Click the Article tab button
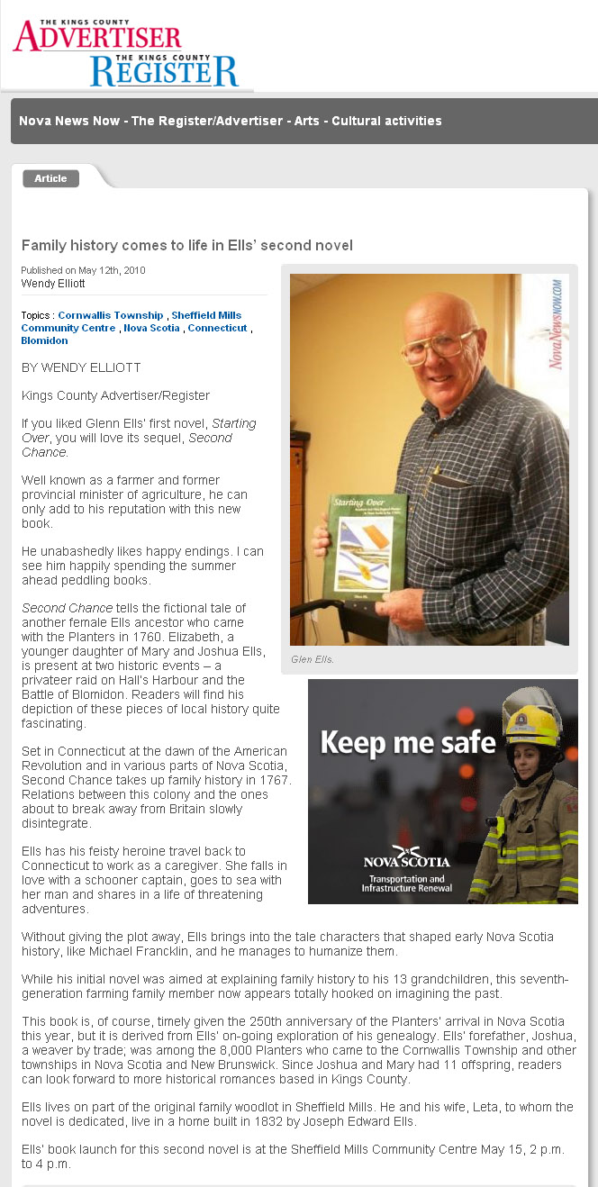pos(50,178)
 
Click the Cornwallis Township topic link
pos(111,315)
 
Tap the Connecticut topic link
pos(217,328)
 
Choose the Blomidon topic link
pos(44,340)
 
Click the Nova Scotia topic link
pos(151,328)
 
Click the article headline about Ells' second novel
pos(186,245)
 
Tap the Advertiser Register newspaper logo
pos(126,53)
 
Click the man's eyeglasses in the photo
pos(439,345)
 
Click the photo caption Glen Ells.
pos(312,659)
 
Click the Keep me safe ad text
pos(407,742)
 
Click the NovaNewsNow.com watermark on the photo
pos(556,324)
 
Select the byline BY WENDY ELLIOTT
pos(81,367)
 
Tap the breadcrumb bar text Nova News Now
pos(68,121)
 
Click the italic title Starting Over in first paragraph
pos(233,423)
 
